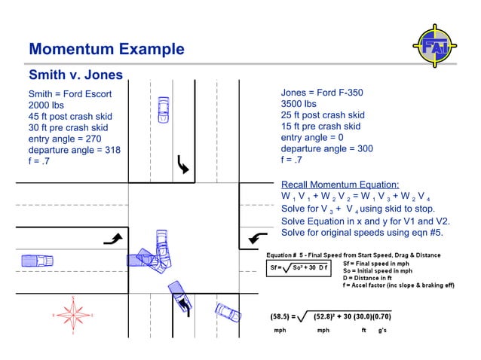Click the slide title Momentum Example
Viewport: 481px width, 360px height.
(106, 50)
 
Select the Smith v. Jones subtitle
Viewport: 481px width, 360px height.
(75, 75)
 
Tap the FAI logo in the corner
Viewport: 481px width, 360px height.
(434, 44)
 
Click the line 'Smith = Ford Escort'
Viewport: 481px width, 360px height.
(69, 94)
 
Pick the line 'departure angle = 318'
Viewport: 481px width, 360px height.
(74, 150)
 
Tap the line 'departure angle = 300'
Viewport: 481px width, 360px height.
(326, 148)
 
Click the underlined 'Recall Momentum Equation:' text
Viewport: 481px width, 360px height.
(340, 185)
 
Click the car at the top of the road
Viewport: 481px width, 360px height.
(163, 110)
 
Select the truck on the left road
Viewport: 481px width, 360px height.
(36, 261)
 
